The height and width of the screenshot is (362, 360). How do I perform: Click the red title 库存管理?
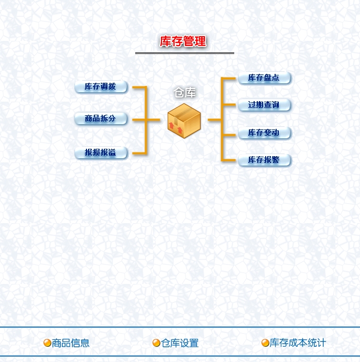[x=183, y=41]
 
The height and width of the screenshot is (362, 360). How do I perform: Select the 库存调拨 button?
[x=101, y=86]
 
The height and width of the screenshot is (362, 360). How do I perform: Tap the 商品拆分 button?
[x=101, y=118]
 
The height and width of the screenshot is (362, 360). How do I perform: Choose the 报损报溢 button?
[x=101, y=152]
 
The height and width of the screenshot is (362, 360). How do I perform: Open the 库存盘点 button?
[x=265, y=78]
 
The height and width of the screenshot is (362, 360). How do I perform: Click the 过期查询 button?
[x=265, y=105]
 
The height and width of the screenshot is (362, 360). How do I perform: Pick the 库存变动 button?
[x=265, y=133]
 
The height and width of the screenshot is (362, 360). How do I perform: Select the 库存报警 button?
[x=265, y=160]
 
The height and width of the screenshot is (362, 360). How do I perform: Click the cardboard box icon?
[x=184, y=120]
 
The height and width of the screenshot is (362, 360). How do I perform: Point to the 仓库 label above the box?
[x=185, y=93]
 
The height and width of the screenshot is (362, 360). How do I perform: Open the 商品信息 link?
[x=70, y=343]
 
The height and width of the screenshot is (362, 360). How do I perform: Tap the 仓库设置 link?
[x=180, y=343]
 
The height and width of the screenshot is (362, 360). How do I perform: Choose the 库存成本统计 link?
[x=298, y=343]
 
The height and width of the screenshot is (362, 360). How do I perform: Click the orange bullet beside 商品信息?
[x=47, y=343]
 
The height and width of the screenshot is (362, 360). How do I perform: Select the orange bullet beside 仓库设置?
[x=156, y=343]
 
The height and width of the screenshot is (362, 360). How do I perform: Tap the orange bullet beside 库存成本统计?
[x=265, y=343]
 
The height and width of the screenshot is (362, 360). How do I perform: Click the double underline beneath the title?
[x=185, y=53]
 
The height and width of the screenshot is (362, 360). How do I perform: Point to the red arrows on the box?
[x=176, y=128]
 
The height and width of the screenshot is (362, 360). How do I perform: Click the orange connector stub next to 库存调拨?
[x=139, y=87]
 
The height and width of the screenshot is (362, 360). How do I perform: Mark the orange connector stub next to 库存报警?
[x=229, y=160]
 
